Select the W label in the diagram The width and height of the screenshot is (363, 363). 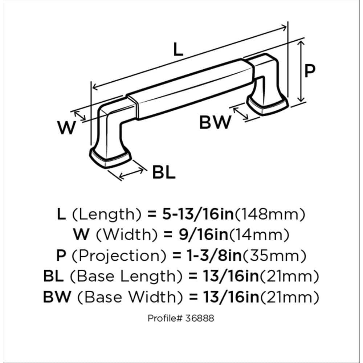pos(66,128)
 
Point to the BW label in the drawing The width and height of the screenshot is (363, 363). pos(215,122)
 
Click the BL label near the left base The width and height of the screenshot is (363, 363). pos(163,173)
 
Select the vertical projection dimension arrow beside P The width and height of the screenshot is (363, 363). pos(301,72)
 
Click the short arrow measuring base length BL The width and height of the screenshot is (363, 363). pos(131,171)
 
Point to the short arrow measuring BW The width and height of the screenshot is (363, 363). pos(241,113)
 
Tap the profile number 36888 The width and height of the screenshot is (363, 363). pos(198,318)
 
